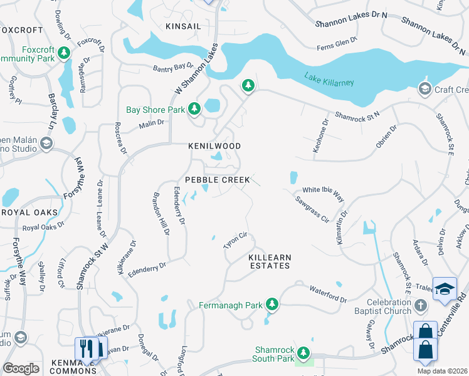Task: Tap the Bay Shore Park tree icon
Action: (x=194, y=109)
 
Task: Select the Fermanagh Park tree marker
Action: (x=271, y=305)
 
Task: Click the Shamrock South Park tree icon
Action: (x=303, y=353)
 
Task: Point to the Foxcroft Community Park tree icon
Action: (x=64, y=55)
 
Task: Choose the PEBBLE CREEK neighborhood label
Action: (x=218, y=180)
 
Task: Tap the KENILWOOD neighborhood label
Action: (x=215, y=145)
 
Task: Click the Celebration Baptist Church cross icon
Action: (x=420, y=305)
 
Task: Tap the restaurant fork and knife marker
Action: (x=88, y=348)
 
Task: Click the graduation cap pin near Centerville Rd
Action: (x=445, y=289)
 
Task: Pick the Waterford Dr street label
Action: (x=328, y=294)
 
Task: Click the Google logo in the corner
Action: (x=21, y=368)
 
